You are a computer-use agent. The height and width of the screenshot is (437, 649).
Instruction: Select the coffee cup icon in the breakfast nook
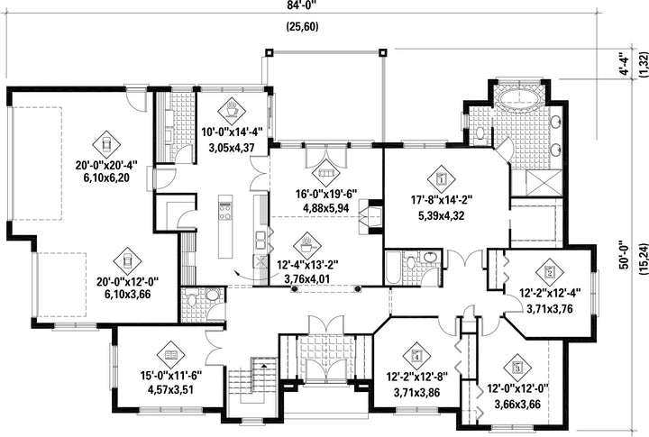click(232, 111)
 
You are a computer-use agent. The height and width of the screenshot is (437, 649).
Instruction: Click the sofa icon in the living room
click(325, 172)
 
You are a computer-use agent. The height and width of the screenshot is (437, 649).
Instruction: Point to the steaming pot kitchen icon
click(306, 246)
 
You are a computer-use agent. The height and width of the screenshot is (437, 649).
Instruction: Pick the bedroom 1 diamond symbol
click(441, 179)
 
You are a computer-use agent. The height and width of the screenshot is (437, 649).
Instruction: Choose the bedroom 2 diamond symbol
click(550, 272)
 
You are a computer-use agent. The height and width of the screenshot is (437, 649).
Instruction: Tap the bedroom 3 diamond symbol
click(517, 368)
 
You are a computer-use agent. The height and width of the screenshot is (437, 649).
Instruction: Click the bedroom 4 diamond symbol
click(416, 356)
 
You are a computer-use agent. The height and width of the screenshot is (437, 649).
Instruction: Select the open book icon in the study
click(171, 355)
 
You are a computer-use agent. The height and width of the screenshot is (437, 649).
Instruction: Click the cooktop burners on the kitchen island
click(225, 211)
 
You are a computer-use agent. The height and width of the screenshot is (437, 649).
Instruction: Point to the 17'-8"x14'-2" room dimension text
click(441, 200)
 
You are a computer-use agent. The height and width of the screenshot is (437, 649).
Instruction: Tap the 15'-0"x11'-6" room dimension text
click(171, 376)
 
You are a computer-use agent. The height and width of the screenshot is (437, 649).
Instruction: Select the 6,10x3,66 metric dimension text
click(127, 295)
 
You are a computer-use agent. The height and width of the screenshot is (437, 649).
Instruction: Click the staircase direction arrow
click(263, 365)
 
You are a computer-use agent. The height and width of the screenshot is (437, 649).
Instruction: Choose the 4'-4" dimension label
click(624, 63)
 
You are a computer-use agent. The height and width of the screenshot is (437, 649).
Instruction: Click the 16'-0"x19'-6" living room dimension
click(326, 194)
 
